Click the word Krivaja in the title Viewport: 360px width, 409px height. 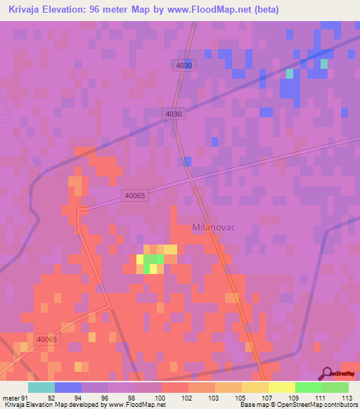pos(27,10)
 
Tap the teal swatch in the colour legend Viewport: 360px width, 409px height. pos(41,387)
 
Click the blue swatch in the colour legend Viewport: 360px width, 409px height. pos(68,387)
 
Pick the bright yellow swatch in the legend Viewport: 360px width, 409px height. pos(282,387)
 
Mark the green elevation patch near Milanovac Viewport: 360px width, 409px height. pos(154,261)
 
